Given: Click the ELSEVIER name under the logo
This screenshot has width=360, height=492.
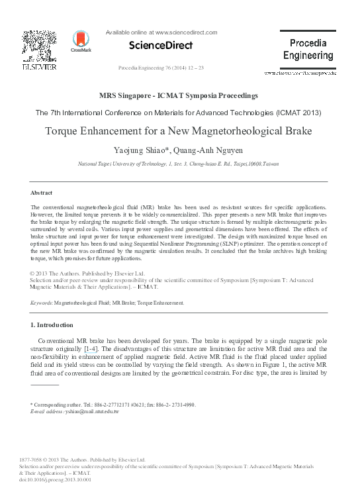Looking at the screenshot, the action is click(36, 68).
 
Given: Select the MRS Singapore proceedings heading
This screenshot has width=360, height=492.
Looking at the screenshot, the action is click(179, 97).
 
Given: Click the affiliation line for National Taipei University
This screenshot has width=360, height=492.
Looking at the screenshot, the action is click(179, 162).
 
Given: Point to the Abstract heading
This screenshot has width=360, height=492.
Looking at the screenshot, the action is click(42, 193).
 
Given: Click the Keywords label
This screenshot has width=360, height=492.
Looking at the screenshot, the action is click(44, 302).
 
